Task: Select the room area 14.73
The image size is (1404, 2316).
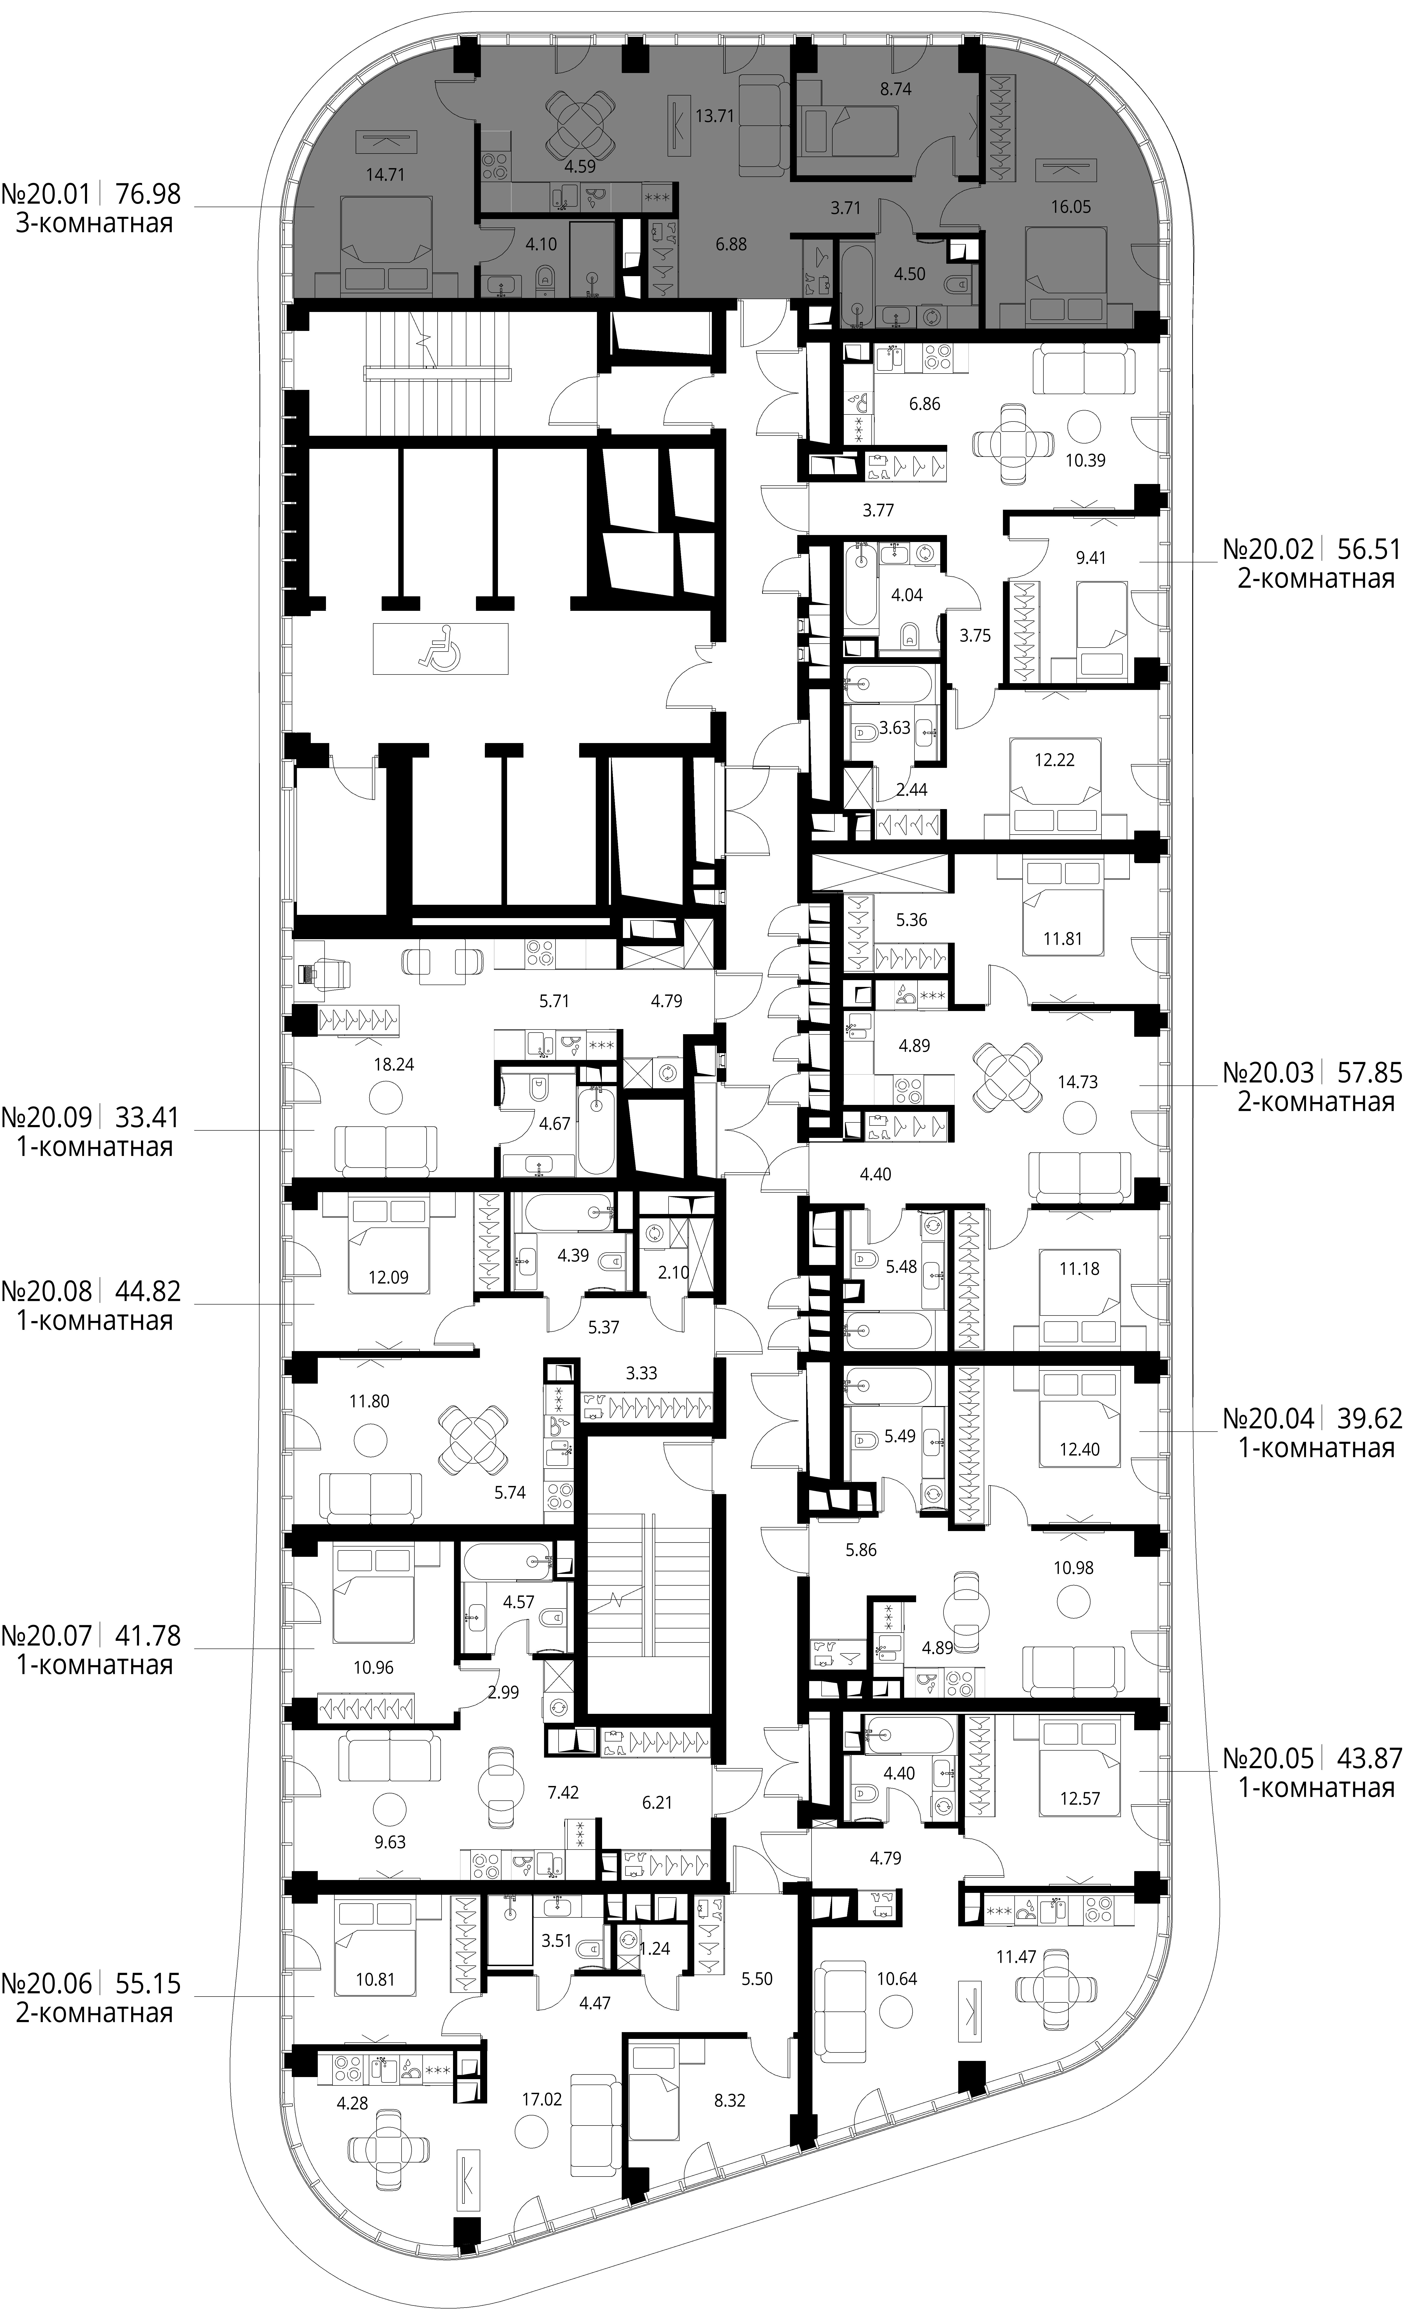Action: click(1077, 1082)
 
